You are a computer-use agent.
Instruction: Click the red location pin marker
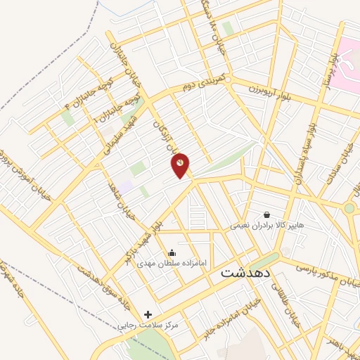tap(181, 164)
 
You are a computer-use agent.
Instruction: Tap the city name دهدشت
tap(246, 272)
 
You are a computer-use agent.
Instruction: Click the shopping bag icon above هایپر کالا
tap(266, 214)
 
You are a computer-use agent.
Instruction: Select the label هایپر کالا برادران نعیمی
tap(267, 226)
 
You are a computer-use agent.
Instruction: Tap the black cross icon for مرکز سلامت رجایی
tap(148, 314)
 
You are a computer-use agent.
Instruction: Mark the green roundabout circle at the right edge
tap(349, 208)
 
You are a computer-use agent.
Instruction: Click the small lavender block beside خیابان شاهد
tap(126, 187)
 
